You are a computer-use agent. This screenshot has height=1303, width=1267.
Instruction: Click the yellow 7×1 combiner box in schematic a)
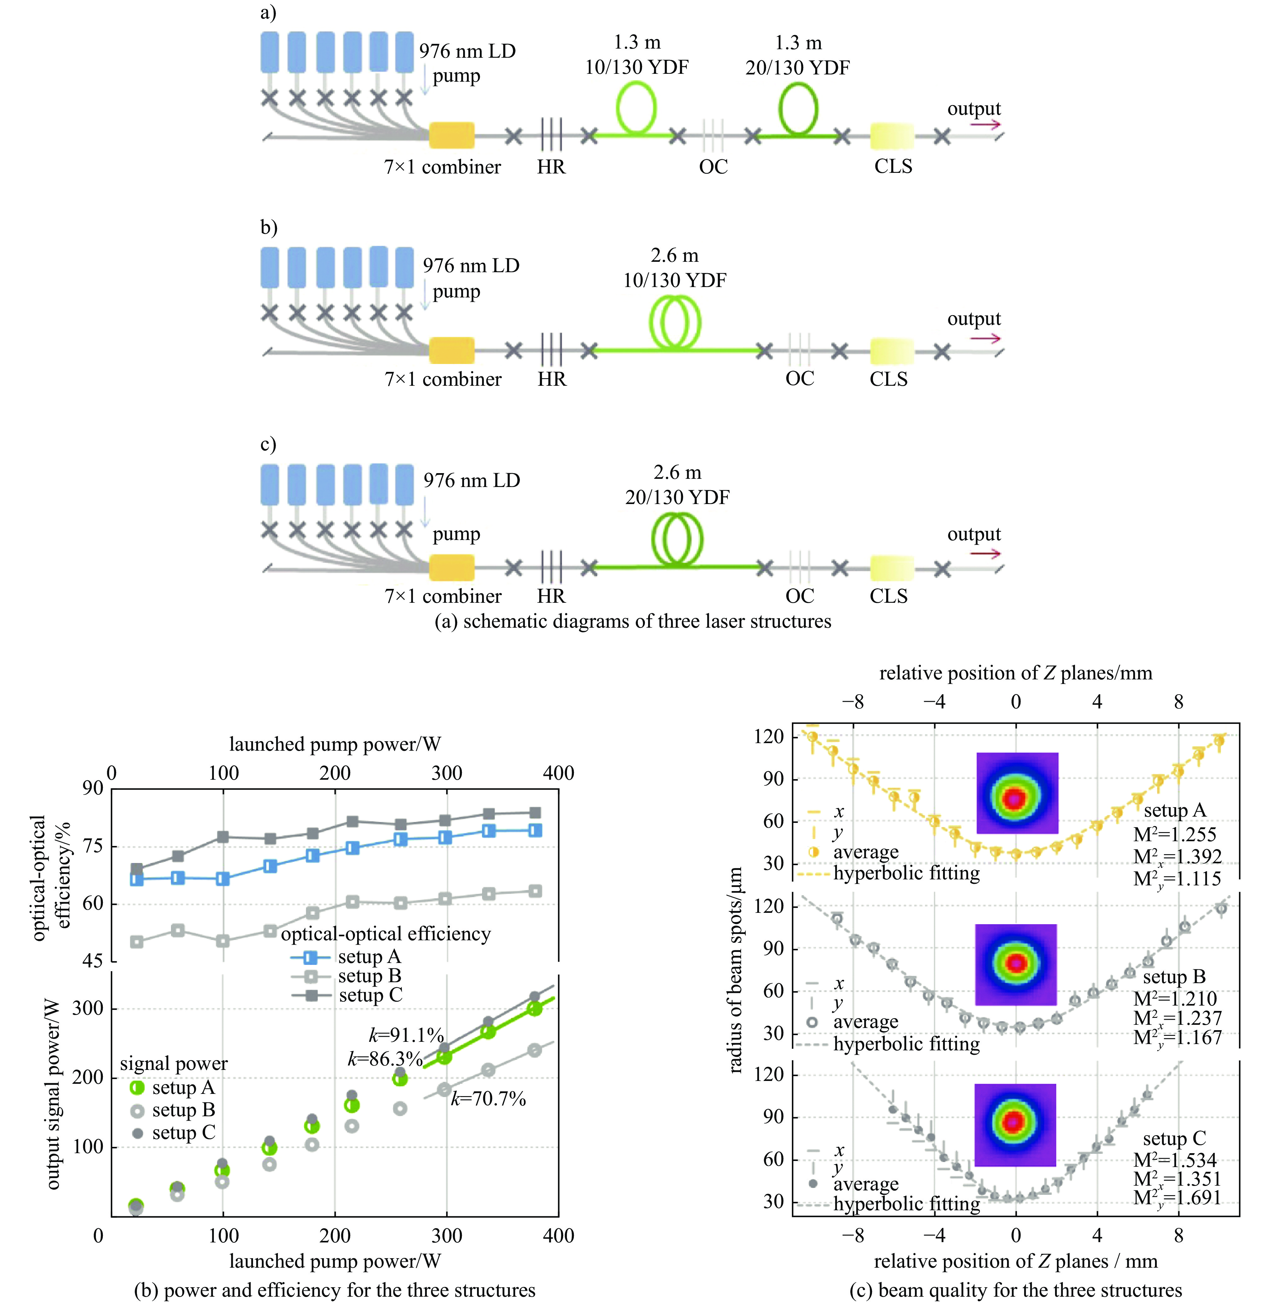tap(451, 135)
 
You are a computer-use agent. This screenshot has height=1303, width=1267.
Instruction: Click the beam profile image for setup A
tap(1017, 793)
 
